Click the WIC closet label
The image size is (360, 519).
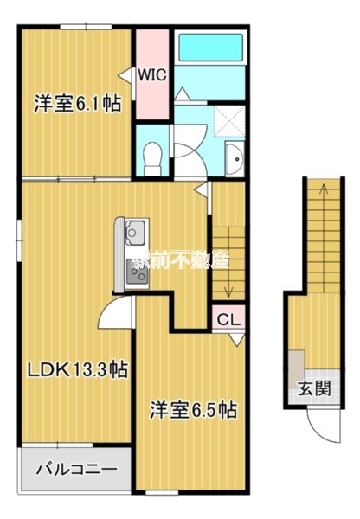(153, 74)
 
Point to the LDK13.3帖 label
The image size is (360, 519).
(76, 369)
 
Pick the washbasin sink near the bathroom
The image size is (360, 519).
(234, 157)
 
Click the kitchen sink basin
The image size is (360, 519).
(135, 232)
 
